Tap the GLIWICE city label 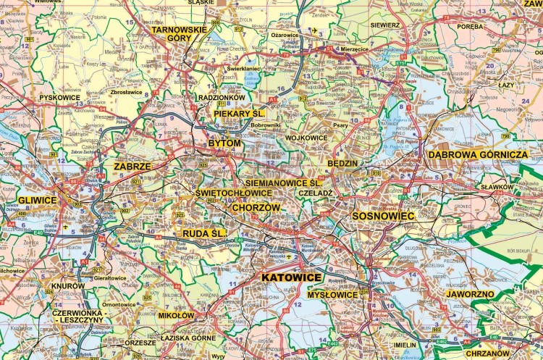38,200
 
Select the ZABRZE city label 132,166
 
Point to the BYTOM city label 224,143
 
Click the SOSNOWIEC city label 383,216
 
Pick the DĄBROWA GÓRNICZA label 478,154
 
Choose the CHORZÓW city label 256,207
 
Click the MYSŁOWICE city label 332,295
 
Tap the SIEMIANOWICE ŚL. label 282,183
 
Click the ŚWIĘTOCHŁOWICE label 234,193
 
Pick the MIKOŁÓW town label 176,316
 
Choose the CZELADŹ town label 316,193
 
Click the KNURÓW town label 68,286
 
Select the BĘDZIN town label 342,164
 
